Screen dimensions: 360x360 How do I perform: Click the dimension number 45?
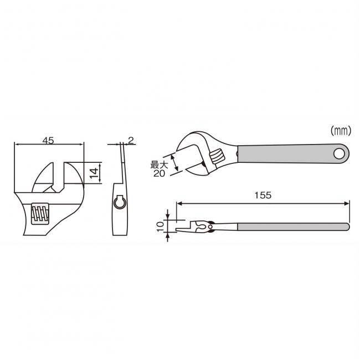coord(48,140)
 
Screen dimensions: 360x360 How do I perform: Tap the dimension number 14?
coord(94,173)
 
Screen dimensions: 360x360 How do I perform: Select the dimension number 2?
coord(131,140)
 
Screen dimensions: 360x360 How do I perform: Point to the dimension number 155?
coord(263,195)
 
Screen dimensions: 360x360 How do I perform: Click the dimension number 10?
coord(160,227)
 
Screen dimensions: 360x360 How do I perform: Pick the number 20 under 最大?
coord(159,173)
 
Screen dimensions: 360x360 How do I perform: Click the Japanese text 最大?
coord(159,164)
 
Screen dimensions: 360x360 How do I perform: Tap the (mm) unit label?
coord(341,131)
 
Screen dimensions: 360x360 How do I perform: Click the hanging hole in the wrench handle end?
coord(339,153)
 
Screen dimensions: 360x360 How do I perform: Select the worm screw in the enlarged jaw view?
coord(40,214)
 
